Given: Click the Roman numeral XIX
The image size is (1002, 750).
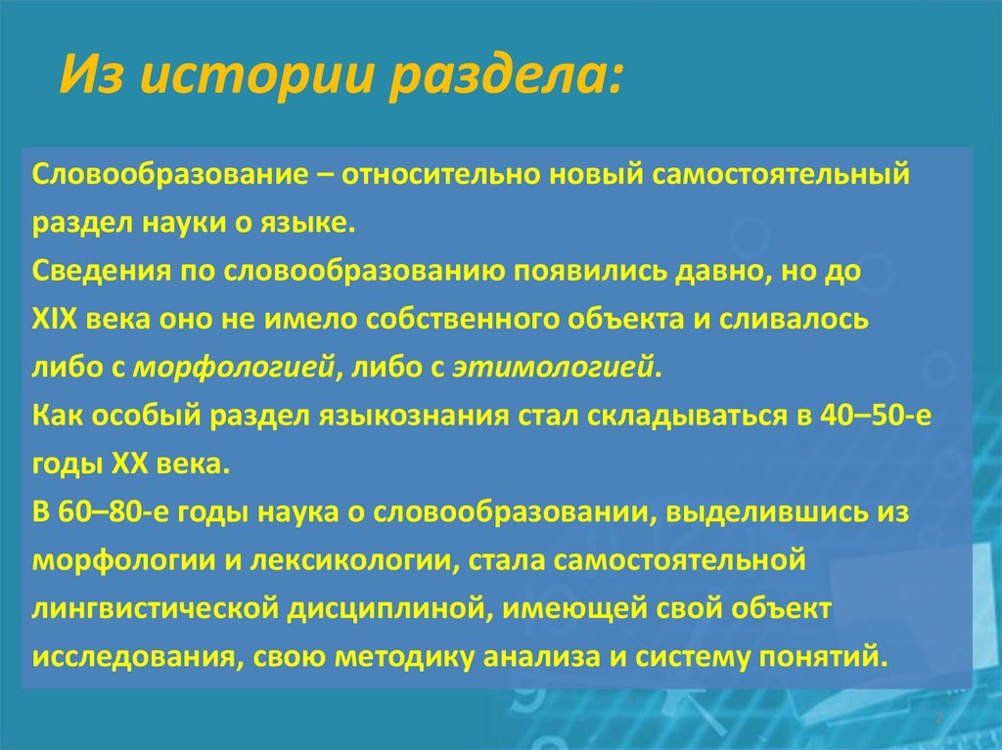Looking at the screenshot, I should [57, 320].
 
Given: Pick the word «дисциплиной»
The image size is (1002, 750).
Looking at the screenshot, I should [382, 609].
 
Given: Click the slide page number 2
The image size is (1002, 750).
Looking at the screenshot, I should [937, 719].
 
